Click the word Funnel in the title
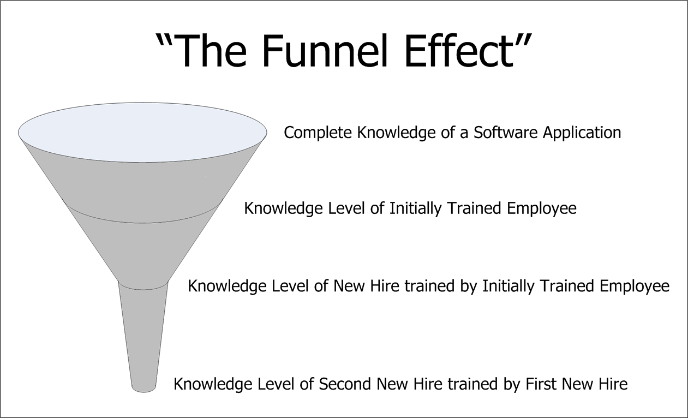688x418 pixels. coord(324,50)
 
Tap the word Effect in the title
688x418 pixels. coord(459,50)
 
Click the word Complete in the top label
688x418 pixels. coord(318,133)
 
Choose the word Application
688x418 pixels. coord(582,133)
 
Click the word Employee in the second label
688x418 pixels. coord(542,209)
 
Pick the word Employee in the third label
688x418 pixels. coord(635,286)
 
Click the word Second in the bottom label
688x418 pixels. coord(345,384)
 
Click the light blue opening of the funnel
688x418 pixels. coord(142,133)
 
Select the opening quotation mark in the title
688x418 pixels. coord(164,41)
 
